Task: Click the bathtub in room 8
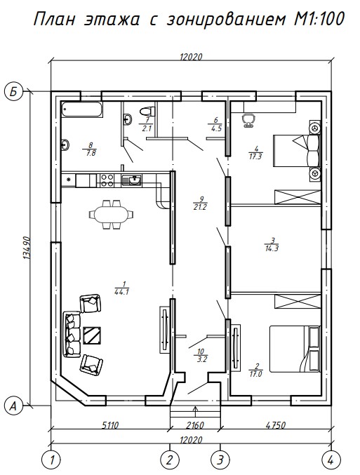pyautogui.click(x=81, y=109)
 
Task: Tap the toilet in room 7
pyautogui.click(x=147, y=111)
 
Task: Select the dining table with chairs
pyautogui.click(x=111, y=214)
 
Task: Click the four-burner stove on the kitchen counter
pyautogui.click(x=107, y=180)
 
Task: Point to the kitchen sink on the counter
pyautogui.click(x=131, y=180)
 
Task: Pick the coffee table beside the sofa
pyautogui.click(x=92, y=335)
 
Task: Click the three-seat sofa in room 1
pyautogui.click(x=72, y=335)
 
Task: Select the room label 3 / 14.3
pyautogui.click(x=272, y=245)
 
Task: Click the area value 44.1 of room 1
pyautogui.click(x=122, y=293)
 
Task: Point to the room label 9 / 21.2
pyautogui.click(x=200, y=203)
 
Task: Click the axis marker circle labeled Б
pyautogui.click(x=13, y=91)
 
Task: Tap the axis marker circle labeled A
pyautogui.click(x=13, y=406)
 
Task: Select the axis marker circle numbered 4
pyautogui.click(x=331, y=460)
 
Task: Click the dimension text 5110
pyautogui.click(x=109, y=425)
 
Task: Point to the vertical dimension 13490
pyautogui.click(x=27, y=248)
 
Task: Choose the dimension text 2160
pyautogui.click(x=194, y=425)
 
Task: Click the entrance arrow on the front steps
pyautogui.click(x=196, y=413)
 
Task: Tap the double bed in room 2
pyautogui.click(x=295, y=349)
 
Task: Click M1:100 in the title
pyautogui.click(x=319, y=20)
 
